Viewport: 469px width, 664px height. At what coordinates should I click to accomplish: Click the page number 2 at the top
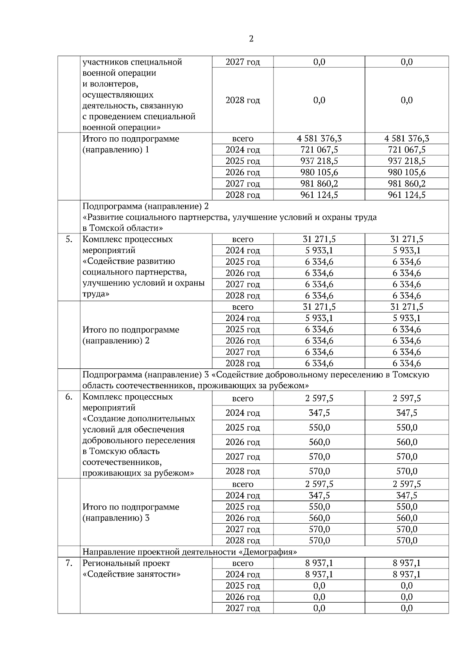click(x=251, y=39)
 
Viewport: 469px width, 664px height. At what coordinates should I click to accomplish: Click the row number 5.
click(x=69, y=239)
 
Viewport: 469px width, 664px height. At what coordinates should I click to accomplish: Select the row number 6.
click(x=69, y=397)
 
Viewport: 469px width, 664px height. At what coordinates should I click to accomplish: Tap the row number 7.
click(x=69, y=564)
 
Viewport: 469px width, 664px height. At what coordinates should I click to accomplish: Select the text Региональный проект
click(x=126, y=564)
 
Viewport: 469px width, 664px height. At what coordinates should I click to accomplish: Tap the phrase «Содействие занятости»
click(x=132, y=574)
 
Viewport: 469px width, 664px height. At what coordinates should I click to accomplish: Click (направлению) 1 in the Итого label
click(x=116, y=150)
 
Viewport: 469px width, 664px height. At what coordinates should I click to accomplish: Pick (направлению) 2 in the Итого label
click(x=116, y=341)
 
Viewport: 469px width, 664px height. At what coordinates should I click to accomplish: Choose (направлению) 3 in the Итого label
click(x=116, y=518)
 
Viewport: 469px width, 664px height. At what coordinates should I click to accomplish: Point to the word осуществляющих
click(x=118, y=95)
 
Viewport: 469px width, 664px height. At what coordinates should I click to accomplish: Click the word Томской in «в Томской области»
click(x=106, y=228)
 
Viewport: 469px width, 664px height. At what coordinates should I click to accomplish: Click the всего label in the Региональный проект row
click(x=243, y=564)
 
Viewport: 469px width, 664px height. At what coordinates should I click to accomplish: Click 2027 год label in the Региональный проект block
click(x=243, y=608)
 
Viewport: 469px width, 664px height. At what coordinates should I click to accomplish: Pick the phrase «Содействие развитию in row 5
click(x=129, y=261)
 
